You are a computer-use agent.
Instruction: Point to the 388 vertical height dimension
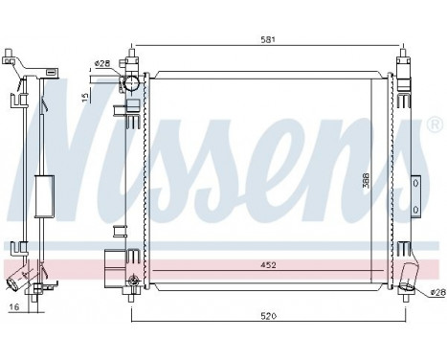(x=367, y=182)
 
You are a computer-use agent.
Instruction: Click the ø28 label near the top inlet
(x=101, y=64)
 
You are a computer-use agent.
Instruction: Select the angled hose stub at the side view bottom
(x=16, y=283)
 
